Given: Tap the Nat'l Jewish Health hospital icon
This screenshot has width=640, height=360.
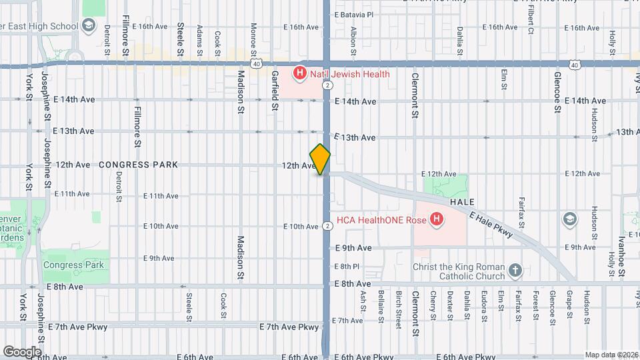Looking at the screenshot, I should [x=300, y=73].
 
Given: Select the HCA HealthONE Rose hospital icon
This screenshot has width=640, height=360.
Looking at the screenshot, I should [x=436, y=219].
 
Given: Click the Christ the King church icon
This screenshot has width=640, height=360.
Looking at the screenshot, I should [x=514, y=270].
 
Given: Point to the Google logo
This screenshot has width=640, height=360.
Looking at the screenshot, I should [x=22, y=351].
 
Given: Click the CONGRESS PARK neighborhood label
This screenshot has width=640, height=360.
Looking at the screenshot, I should [x=139, y=165].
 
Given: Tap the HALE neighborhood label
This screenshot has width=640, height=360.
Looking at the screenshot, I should [x=461, y=201].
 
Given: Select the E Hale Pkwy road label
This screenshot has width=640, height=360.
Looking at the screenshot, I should [x=491, y=225].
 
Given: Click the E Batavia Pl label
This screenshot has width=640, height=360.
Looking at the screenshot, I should [x=354, y=14].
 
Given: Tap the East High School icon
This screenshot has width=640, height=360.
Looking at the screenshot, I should [x=89, y=26].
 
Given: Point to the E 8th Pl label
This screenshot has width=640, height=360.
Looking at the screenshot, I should [x=347, y=266].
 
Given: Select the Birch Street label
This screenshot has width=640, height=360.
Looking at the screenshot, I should [x=398, y=309].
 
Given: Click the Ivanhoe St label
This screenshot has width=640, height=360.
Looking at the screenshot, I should [x=620, y=257].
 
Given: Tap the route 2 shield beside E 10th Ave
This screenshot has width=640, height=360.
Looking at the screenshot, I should [x=327, y=226].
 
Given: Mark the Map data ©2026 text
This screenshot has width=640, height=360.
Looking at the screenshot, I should [x=611, y=355].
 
